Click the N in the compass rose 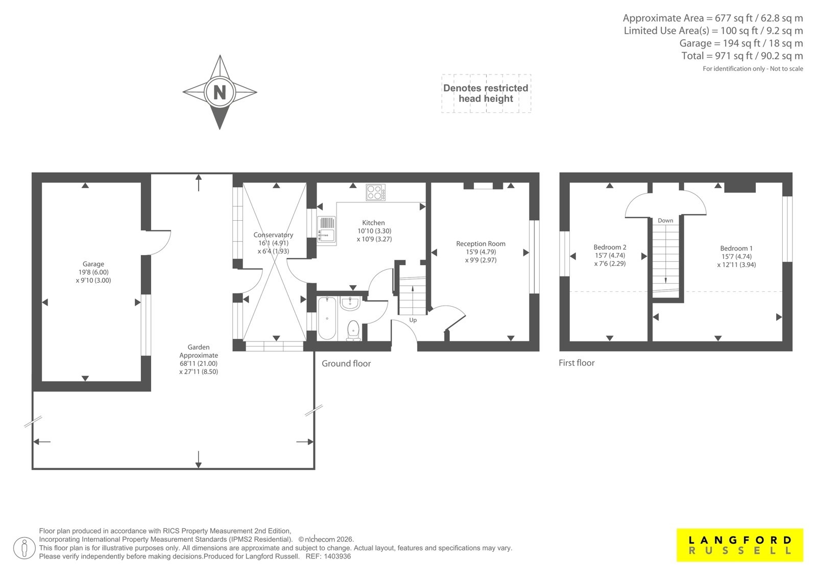coord(220,93)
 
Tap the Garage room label coord(93,264)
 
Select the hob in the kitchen coord(376,193)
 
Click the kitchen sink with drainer coord(327,230)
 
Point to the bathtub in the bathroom coord(327,318)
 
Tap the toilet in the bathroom coord(353,331)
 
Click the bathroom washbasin coord(350,303)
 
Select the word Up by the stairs coord(413,320)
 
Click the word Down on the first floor coord(665,221)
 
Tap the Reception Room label coord(480,244)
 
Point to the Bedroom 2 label coord(610,247)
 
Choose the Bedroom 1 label coord(736,248)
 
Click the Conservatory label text coord(273,235)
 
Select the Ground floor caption coord(346,363)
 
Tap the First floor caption coord(576,362)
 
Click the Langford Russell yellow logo coord(740,545)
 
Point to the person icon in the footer coord(25,548)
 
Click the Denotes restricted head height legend coord(486,94)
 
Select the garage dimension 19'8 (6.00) coord(93,272)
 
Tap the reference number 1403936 coord(338,557)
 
